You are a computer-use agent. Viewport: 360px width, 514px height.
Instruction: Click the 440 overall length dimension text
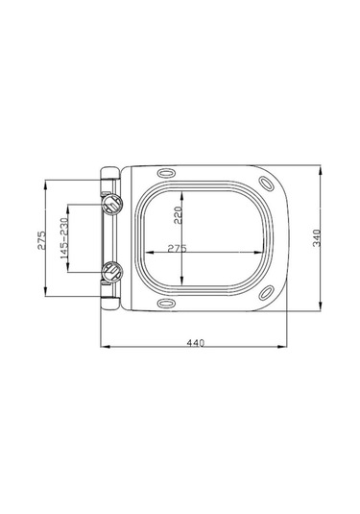196,340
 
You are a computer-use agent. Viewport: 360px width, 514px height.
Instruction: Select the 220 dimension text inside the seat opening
178,215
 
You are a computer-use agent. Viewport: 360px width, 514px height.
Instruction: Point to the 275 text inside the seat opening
177,248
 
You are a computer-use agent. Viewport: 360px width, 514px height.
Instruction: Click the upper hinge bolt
112,204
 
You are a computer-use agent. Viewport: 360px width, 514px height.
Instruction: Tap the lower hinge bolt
112,272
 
